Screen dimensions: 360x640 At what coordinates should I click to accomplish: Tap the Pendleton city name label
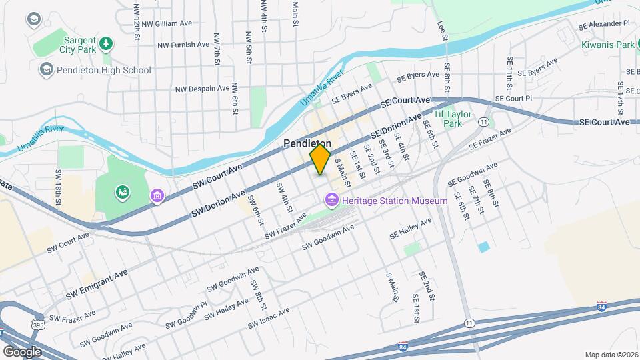point(307,143)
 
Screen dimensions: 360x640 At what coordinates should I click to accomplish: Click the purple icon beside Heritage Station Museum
point(331,199)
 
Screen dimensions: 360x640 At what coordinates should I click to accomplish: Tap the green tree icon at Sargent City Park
point(105,43)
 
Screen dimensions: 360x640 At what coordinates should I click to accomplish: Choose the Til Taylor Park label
point(453,119)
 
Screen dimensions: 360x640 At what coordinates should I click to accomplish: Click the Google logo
point(22,351)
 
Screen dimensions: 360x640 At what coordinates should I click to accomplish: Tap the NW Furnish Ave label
point(183,45)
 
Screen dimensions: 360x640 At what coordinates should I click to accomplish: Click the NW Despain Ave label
point(203,88)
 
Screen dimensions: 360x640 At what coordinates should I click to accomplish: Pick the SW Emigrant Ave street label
point(97,284)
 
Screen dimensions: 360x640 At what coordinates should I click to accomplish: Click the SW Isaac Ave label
point(269,319)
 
